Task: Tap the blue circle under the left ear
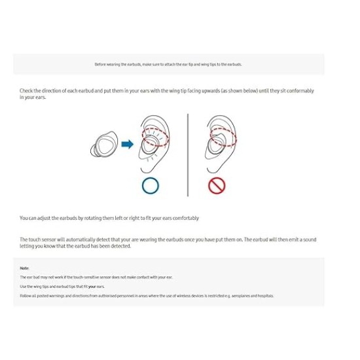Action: point(151,185)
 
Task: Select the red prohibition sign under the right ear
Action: point(217,186)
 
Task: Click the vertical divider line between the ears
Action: point(187,154)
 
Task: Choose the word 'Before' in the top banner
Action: point(99,64)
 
